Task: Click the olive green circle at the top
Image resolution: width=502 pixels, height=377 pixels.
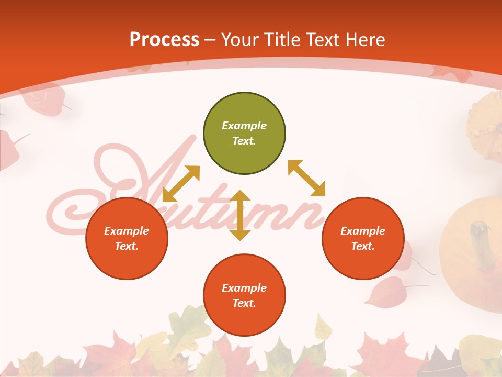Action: click(244, 134)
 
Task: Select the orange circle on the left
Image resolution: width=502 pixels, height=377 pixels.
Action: click(127, 238)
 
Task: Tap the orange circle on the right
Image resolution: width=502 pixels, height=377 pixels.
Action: click(363, 238)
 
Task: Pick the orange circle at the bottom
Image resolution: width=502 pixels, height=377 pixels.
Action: click(244, 295)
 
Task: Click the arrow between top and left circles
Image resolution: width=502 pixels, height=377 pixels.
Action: click(181, 184)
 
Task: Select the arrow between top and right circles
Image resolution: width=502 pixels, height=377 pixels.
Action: click(306, 178)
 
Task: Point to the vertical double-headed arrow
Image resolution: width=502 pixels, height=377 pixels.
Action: click(240, 215)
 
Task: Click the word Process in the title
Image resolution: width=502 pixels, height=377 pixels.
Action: click(164, 40)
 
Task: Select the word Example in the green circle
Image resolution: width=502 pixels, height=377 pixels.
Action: click(244, 126)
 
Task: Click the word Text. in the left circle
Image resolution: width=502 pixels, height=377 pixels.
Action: click(127, 246)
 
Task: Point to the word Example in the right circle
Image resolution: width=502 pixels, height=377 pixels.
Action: click(363, 231)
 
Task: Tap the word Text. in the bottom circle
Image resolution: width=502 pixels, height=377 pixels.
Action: click(244, 303)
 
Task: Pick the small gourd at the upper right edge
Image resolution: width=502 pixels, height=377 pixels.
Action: click(484, 123)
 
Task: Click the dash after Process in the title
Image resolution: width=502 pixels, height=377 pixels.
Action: click(210, 40)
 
